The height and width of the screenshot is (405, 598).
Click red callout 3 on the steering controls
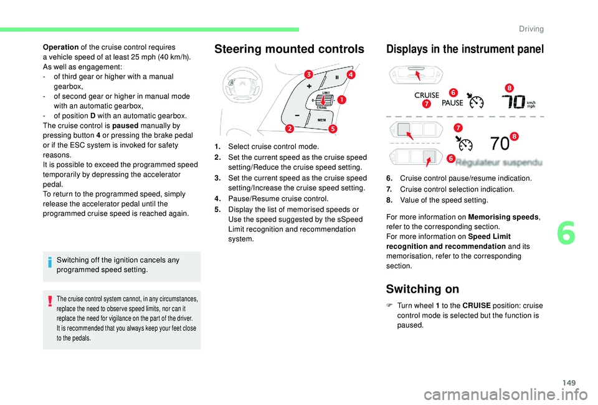(x=308, y=76)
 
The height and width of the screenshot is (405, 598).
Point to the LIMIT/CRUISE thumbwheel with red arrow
(x=323, y=100)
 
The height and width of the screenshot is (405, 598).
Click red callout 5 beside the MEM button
(x=333, y=129)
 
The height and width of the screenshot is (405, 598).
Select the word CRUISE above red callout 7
(x=427, y=95)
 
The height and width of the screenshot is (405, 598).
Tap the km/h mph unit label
(x=531, y=104)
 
